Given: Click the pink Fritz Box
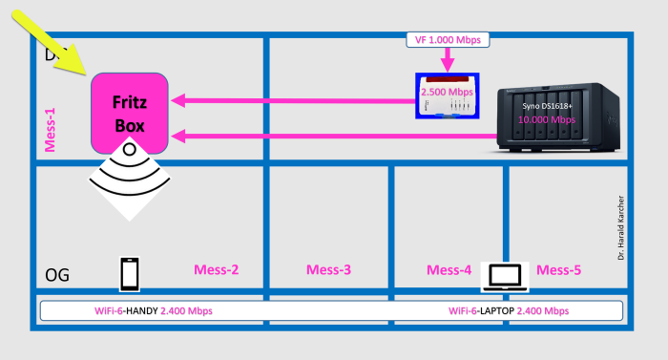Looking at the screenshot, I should point(130,114).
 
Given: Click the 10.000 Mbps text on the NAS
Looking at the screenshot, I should point(546,120).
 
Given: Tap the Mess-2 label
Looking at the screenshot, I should point(217,270).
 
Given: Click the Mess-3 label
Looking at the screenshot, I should point(329,270).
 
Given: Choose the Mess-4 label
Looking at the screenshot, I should point(449,270).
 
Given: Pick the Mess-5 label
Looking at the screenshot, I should point(558,270).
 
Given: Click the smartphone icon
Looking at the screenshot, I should point(131,273).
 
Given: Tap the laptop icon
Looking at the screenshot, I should point(504,275).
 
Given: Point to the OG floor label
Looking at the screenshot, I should point(57,274).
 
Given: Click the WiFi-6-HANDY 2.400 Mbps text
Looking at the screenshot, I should point(159,311).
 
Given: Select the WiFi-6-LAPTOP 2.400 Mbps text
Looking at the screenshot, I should point(509,311).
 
